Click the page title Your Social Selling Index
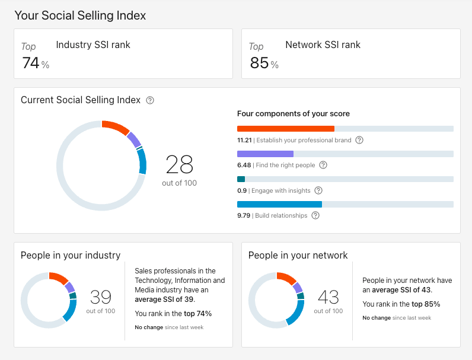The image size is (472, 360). click(80, 15)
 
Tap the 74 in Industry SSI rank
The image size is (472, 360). click(31, 63)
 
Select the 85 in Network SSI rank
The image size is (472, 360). click(259, 63)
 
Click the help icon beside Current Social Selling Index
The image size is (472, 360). click(150, 100)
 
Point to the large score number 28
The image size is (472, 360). click(180, 164)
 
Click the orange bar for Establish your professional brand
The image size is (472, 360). click(285, 129)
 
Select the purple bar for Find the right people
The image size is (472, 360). click(265, 154)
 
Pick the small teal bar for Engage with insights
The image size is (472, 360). click(241, 179)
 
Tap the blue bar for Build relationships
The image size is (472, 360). click(279, 204)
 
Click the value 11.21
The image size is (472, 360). click(244, 141)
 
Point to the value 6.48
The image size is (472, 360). click(244, 165)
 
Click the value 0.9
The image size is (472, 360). click(242, 190)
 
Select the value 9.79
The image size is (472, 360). click(244, 216)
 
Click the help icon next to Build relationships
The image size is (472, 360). click(315, 215)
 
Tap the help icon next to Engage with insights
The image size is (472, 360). click(318, 190)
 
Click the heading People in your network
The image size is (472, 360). click(298, 256)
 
